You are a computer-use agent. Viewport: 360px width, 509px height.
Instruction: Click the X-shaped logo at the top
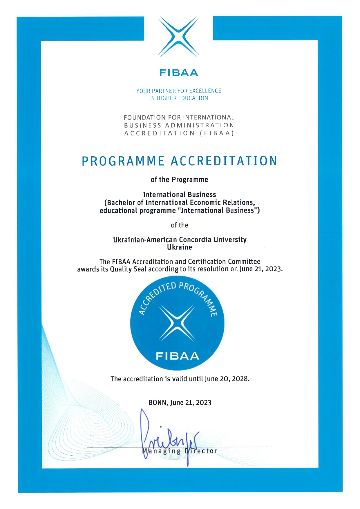(x=179, y=37)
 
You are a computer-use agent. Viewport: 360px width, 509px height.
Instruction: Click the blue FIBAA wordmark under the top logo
(x=179, y=73)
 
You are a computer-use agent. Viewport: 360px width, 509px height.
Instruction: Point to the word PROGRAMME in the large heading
(x=123, y=161)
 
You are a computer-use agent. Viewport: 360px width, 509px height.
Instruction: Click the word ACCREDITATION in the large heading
(x=224, y=161)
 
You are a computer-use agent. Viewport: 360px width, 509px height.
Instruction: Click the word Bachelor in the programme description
(x=121, y=202)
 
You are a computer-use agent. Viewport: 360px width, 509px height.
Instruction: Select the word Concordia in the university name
(x=195, y=240)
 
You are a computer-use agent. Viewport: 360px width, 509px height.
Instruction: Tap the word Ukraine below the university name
(x=179, y=247)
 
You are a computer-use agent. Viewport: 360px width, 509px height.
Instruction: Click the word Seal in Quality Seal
(x=140, y=269)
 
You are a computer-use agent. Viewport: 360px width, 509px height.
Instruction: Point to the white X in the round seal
(x=177, y=323)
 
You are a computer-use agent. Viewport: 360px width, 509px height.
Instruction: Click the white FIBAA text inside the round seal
(x=177, y=356)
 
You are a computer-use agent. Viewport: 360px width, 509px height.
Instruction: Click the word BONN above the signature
(x=158, y=403)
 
